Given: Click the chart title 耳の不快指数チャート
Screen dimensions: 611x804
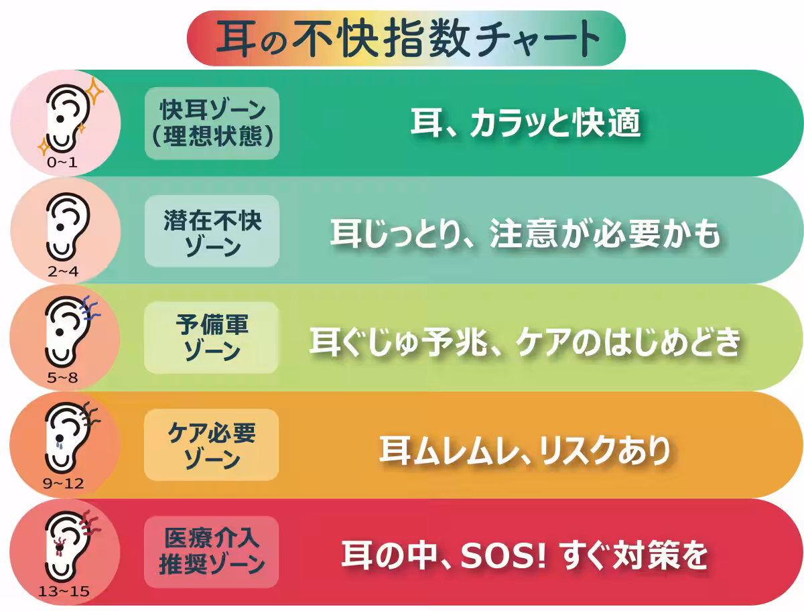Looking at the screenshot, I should click(407, 38).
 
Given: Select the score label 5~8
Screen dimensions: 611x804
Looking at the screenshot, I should click(62, 378).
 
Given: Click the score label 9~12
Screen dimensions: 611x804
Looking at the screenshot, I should click(64, 484).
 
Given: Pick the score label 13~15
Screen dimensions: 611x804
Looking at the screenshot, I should click(64, 592).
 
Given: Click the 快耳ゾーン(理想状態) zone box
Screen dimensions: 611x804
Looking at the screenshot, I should click(212, 123).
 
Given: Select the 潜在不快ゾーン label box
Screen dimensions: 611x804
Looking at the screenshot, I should click(212, 231).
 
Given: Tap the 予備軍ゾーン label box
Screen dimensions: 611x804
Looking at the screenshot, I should click(212, 338).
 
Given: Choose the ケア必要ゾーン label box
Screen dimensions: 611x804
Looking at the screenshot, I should click(212, 446).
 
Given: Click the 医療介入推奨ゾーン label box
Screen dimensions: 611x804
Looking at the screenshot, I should click(212, 552).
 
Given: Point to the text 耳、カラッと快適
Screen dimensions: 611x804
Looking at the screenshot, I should click(525, 124).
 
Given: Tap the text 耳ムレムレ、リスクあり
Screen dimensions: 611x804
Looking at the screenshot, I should click(525, 449).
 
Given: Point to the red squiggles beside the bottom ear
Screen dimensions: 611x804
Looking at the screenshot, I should click(88, 523).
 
